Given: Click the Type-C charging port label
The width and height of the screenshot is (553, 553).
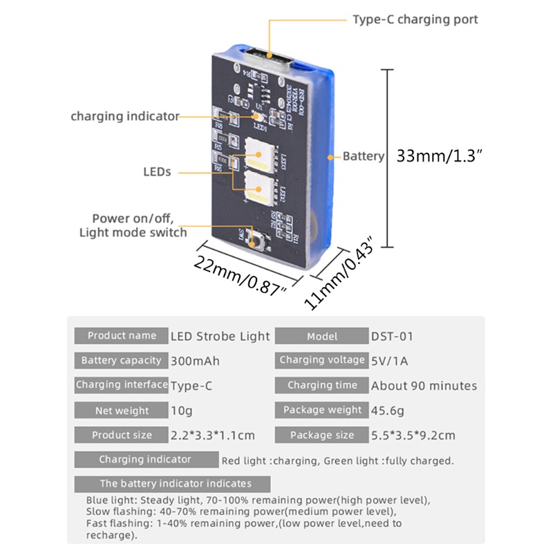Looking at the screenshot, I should point(415,19).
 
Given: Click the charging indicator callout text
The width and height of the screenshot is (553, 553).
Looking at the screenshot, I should point(125,116).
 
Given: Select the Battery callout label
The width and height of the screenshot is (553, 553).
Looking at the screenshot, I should point(363,156).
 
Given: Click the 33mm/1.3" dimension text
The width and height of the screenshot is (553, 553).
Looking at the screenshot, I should point(439,156).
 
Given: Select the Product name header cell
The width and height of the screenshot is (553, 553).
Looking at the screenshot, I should point(122,336).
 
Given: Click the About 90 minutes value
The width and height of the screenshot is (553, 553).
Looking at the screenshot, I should point(424,386).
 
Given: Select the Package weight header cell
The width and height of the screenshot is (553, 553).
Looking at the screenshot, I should point(321,411).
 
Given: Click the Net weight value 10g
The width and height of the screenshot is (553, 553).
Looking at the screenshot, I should point(182,411).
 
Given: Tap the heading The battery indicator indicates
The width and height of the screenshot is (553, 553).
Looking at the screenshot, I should point(176,484).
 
